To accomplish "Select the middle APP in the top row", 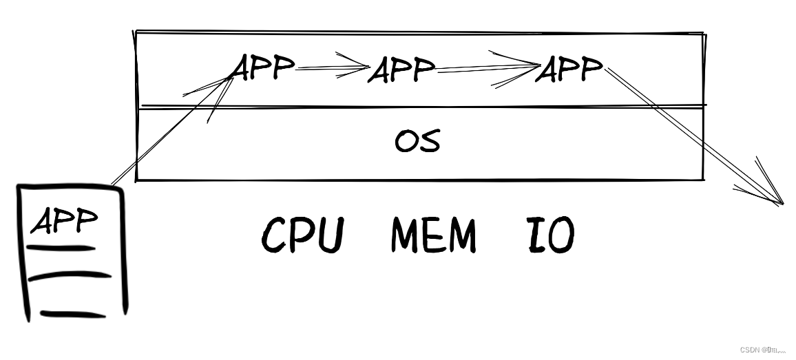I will click(x=402, y=70).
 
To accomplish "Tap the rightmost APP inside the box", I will click(x=569, y=69).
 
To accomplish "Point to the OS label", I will click(x=417, y=140).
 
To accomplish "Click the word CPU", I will click(x=302, y=235).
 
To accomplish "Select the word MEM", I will click(x=433, y=235).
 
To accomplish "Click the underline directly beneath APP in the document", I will click(x=61, y=248).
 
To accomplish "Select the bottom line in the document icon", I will click(x=73, y=315).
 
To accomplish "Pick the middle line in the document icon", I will click(x=70, y=276).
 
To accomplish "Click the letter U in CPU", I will click(x=330, y=235).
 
